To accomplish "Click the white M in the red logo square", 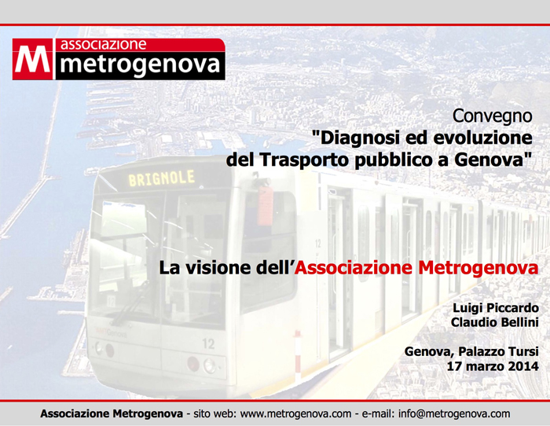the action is tap(33, 59).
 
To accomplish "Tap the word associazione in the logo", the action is tap(103, 45).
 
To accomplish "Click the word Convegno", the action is tap(492, 116).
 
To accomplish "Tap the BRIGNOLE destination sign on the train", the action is tap(162, 178).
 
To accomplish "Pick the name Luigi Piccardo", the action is tap(496, 308).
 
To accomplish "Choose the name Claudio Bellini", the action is tap(494, 322).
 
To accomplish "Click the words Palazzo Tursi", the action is tap(498, 351).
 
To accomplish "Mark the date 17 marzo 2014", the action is tap(493, 366).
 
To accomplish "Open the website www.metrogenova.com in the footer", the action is tap(295, 413).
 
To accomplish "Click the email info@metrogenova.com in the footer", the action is tap(454, 413).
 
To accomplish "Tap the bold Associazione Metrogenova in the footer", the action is tap(112, 413).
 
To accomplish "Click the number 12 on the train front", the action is tap(208, 343).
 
